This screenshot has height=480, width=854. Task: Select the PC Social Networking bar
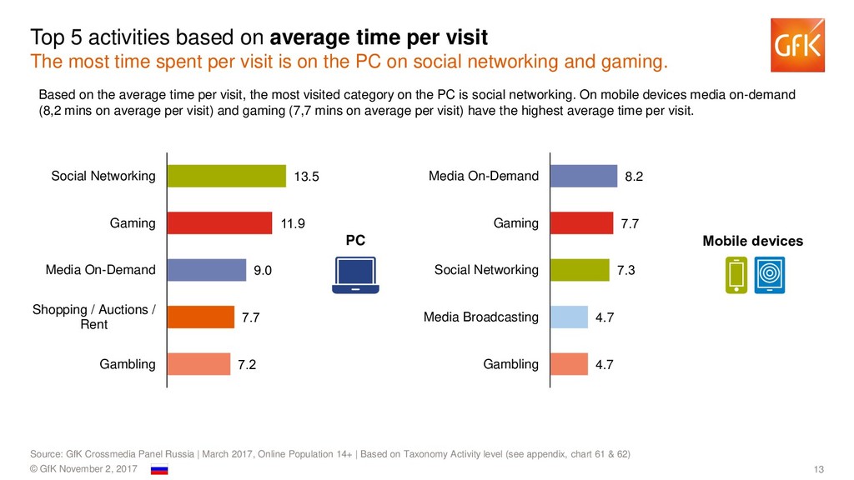(x=226, y=176)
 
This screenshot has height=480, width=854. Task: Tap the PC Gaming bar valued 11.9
(x=219, y=223)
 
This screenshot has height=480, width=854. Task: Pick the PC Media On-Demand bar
(x=207, y=270)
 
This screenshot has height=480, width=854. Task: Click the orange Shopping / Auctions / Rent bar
(x=201, y=317)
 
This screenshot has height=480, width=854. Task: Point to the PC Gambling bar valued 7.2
(x=198, y=364)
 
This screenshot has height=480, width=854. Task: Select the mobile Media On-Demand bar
(x=584, y=176)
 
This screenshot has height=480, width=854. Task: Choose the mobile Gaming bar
(x=582, y=223)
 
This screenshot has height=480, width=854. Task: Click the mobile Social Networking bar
(x=580, y=270)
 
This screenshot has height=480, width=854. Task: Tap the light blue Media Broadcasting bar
(x=570, y=317)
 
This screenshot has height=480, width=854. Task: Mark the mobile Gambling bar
(x=570, y=364)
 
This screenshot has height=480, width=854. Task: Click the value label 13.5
(x=307, y=177)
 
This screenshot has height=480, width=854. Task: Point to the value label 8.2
(x=635, y=177)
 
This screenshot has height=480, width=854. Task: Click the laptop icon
(x=355, y=276)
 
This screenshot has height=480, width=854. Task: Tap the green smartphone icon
(x=736, y=276)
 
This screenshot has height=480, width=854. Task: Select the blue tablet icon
(x=770, y=276)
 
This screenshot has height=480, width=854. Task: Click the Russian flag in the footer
(x=159, y=470)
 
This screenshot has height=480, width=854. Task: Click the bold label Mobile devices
(x=753, y=242)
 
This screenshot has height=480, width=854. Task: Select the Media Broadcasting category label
(x=481, y=317)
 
